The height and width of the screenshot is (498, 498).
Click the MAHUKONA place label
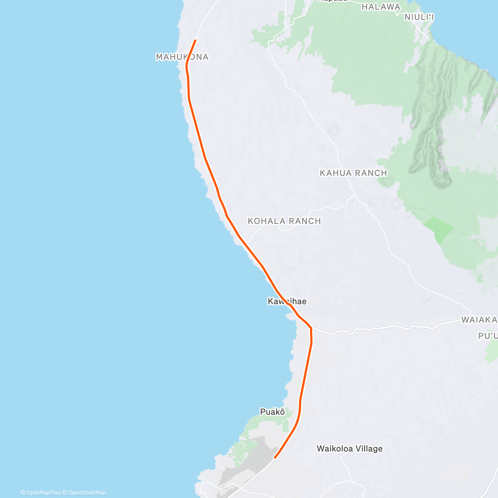click(182, 57)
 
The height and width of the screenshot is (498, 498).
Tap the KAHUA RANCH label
click(353, 173)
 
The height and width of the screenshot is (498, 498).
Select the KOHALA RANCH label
click(284, 221)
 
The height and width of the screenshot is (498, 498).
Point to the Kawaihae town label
click(287, 301)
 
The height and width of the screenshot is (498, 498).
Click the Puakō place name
click(272, 412)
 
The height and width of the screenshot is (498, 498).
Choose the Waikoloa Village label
click(349, 449)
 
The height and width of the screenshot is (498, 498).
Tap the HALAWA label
click(381, 7)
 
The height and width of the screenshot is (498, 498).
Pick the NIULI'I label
click(419, 17)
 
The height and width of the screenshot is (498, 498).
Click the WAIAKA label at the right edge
click(479, 320)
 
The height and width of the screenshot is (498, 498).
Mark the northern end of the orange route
click(195, 40)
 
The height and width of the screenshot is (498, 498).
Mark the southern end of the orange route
click(275, 458)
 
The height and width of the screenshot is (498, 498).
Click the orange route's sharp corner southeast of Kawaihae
click(310, 328)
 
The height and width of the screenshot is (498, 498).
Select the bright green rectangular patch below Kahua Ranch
click(439, 229)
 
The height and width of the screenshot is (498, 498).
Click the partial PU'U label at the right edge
click(488, 336)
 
